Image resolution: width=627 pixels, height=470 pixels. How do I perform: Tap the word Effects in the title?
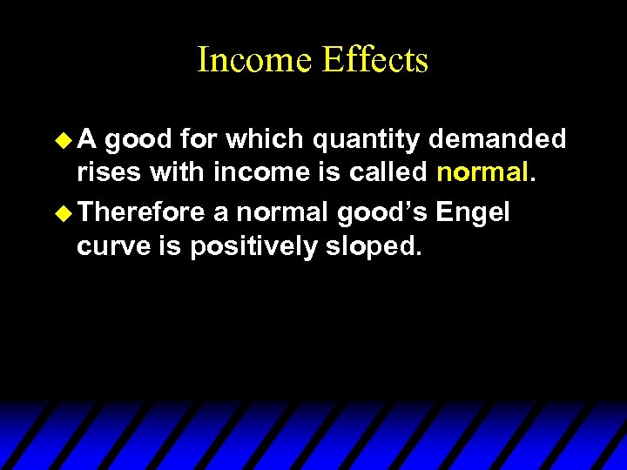(x=375, y=60)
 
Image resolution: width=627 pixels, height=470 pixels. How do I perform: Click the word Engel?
(x=474, y=211)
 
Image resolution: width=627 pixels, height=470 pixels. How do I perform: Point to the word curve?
(x=111, y=247)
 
